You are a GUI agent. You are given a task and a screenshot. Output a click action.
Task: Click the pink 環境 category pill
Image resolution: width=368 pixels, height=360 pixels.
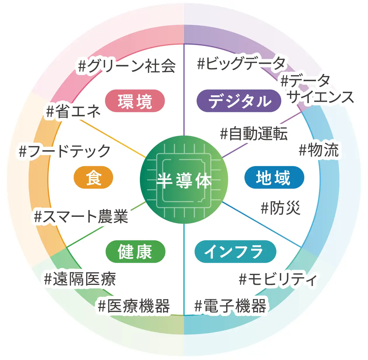[135, 101]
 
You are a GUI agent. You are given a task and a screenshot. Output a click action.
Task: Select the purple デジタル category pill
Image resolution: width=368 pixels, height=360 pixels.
[239, 101]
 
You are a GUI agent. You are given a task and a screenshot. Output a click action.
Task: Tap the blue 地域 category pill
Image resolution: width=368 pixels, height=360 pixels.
[274, 178]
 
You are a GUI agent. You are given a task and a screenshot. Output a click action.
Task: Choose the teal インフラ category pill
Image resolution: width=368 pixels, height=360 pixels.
[235, 252]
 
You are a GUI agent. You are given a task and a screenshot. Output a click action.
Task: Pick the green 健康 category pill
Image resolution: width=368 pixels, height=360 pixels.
[135, 252]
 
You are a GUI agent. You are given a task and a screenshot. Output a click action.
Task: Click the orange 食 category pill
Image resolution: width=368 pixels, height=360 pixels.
[93, 178]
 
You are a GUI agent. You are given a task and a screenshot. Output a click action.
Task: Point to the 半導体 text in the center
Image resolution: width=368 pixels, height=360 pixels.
[184, 180]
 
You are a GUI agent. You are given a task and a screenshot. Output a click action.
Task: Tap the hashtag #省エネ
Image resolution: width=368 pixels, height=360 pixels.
[73, 111]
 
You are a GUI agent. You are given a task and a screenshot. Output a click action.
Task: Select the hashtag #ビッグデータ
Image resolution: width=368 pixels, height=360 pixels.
[241, 63]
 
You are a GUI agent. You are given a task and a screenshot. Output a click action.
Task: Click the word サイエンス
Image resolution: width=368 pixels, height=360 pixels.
[320, 97]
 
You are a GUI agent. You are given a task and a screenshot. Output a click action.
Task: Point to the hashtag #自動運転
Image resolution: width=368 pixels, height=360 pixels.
[254, 134]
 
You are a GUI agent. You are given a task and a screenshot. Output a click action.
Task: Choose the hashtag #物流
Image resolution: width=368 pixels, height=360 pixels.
[319, 150]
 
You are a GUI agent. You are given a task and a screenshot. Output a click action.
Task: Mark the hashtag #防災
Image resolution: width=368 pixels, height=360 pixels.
[280, 208]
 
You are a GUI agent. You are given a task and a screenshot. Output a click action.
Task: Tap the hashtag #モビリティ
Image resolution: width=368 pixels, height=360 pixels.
[278, 279]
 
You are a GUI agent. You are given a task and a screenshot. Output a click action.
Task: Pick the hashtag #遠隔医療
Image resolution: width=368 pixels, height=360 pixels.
[80, 278]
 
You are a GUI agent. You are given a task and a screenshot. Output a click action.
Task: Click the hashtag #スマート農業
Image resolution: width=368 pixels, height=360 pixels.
[81, 217]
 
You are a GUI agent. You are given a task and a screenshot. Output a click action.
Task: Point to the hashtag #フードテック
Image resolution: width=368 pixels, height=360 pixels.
[65, 151]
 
